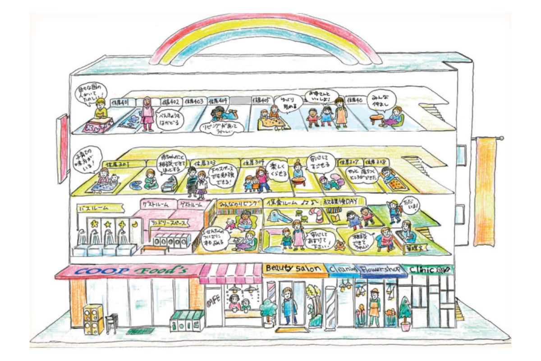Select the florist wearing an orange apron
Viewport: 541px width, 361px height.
pyautogui.click(x=374, y=307)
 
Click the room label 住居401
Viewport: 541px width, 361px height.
pyautogui.click(x=119, y=102)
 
